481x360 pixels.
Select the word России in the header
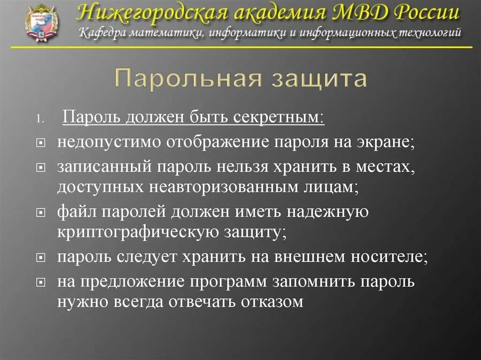[426, 12]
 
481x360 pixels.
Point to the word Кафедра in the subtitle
[101, 33]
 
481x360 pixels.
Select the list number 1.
[41, 118]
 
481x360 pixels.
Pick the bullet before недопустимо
[41, 142]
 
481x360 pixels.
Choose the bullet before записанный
[41, 167]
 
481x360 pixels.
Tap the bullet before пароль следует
[41, 258]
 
